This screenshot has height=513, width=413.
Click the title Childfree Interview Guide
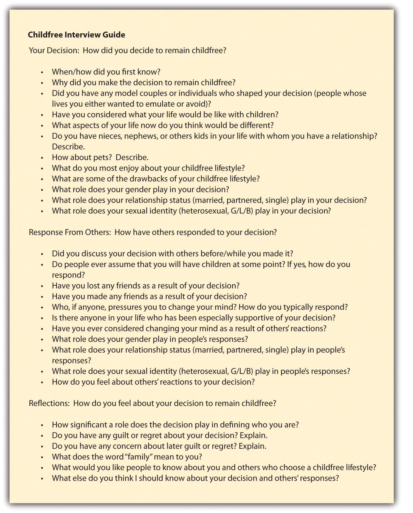[76, 35]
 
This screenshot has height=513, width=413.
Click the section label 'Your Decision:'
[54, 50]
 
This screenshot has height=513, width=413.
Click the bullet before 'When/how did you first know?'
[42, 72]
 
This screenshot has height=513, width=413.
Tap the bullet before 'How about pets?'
[42, 158]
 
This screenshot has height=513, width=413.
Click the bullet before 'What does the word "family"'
[42, 457]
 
